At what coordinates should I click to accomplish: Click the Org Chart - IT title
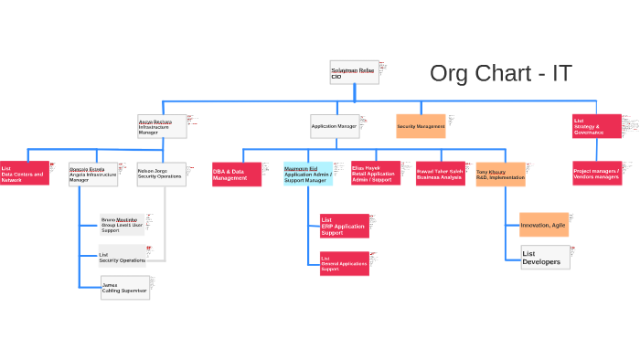501,74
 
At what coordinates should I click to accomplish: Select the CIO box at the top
354,72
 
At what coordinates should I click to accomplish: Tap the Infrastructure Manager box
162,126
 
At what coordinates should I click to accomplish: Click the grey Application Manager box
334,126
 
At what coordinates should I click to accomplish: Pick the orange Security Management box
421,126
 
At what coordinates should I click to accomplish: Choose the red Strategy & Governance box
596,126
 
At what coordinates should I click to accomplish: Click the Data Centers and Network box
25,174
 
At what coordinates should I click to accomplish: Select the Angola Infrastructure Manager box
93,174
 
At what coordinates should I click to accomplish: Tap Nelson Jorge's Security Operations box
161,174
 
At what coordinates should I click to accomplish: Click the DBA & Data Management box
236,174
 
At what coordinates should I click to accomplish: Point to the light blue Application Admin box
307,174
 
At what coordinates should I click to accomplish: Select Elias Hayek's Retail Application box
375,173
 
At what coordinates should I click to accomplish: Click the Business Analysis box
440,174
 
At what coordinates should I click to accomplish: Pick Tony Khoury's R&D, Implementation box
500,175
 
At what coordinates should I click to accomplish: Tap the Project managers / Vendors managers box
596,173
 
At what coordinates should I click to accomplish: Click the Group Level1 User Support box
123,225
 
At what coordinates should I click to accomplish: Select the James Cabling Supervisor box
124,288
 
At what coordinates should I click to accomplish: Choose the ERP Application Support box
344,226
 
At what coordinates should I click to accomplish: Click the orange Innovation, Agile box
543,225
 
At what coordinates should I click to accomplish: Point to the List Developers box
545,258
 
